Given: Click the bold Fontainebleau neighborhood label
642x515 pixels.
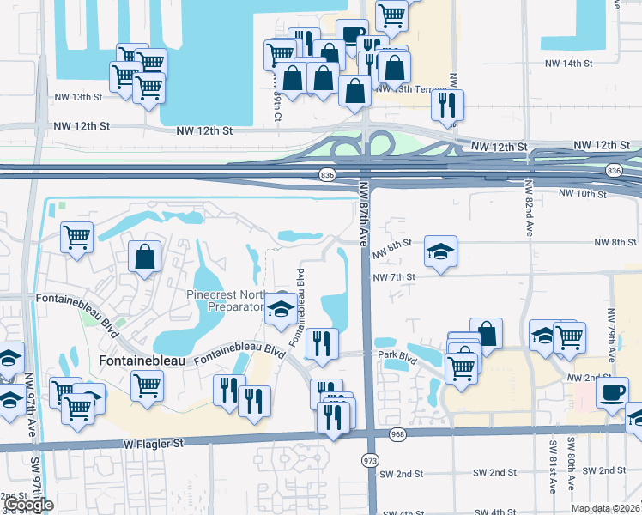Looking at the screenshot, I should pyautogui.click(x=142, y=361).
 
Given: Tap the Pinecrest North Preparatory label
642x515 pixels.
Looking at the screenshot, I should pyautogui.click(x=225, y=300).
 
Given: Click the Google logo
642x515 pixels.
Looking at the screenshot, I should pyautogui.click(x=29, y=505).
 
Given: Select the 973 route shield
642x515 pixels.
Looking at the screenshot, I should pyautogui.click(x=370, y=461).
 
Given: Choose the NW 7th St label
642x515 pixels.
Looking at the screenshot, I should pyautogui.click(x=394, y=277).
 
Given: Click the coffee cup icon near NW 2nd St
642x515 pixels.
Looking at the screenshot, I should pyautogui.click(x=612, y=392).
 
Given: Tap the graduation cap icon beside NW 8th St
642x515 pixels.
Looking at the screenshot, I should pyautogui.click(x=440, y=251).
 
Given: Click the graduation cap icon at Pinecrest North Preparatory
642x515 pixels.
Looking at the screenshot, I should pyautogui.click(x=281, y=309).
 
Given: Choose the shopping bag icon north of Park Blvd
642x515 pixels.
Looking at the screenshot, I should pyautogui.click(x=486, y=334).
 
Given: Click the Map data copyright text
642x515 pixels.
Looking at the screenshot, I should pyautogui.click(x=606, y=508).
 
